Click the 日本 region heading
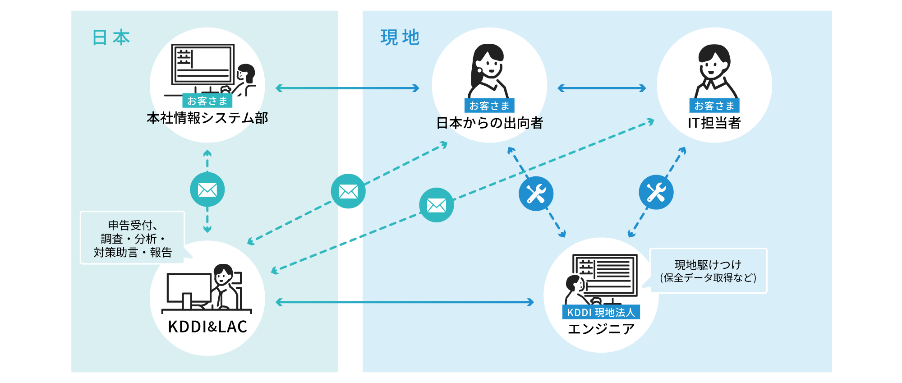111,37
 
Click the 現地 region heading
400,37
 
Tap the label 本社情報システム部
207,118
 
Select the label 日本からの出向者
489,123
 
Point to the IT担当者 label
714,123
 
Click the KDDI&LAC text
207,327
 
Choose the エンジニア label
601,329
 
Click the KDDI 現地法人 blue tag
601,312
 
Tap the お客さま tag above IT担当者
714,106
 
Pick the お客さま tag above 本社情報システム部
207,101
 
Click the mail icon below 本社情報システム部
207,189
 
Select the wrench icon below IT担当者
656,193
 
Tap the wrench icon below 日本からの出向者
536,194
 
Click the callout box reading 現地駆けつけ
708,271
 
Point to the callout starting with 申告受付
132,238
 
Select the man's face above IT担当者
714,67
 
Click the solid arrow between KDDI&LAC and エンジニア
404,302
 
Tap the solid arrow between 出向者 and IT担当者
602,88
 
